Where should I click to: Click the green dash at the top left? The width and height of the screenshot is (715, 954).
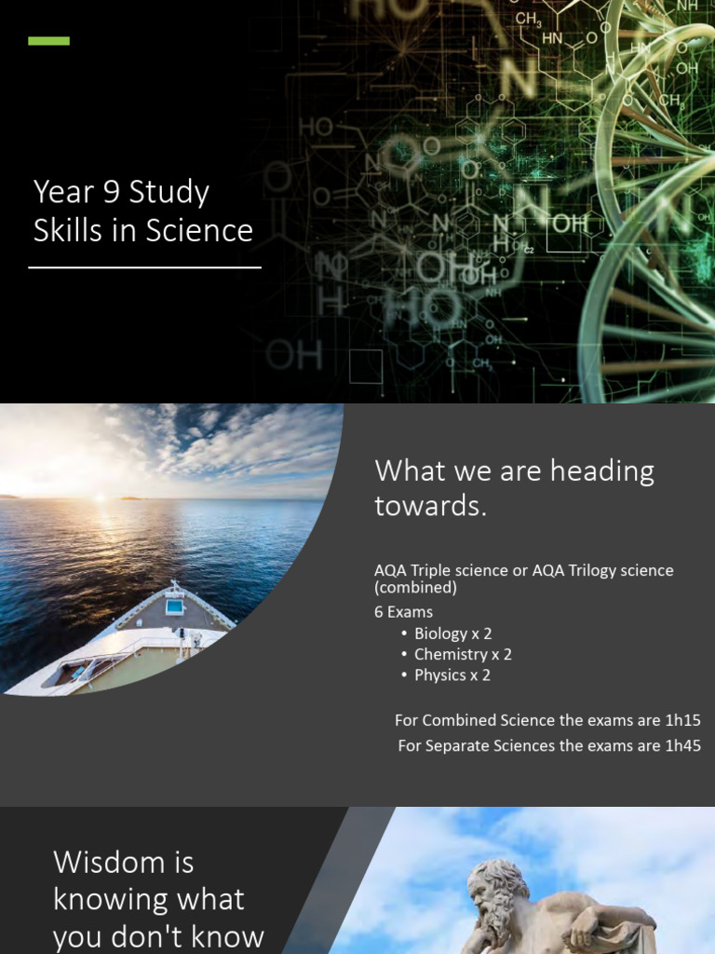[48, 41]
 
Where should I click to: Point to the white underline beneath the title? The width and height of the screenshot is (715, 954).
[144, 267]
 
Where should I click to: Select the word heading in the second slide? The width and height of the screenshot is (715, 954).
[602, 471]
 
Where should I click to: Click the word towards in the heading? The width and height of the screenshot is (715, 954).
[430, 506]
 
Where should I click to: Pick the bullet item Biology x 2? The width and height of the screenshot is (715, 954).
[452, 634]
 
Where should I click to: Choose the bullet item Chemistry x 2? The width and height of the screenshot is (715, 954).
[463, 654]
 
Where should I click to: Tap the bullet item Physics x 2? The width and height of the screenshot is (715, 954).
[452, 675]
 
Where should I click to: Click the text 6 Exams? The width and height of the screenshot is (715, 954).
[403, 612]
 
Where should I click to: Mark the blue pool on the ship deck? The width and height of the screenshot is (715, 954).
[174, 606]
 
